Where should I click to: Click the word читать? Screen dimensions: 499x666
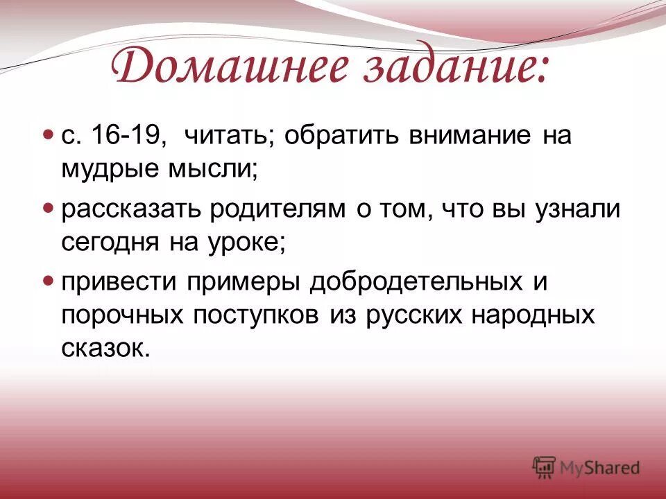click(223, 134)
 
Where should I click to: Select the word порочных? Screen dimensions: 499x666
click(121, 315)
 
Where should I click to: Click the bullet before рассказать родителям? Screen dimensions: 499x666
click(48, 207)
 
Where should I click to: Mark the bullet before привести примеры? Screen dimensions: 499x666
click(48, 281)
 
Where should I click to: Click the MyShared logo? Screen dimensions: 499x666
click(586, 468)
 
